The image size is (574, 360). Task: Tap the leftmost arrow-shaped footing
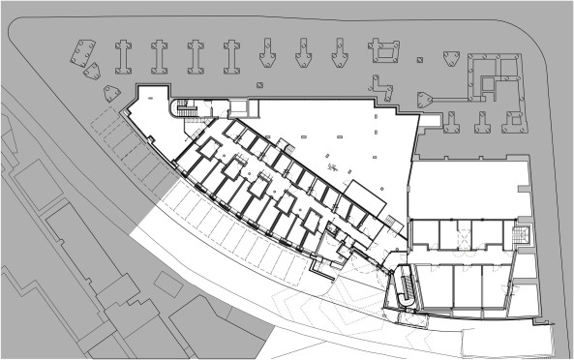268,55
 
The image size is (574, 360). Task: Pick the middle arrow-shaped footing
304,55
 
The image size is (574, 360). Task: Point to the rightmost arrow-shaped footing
339,55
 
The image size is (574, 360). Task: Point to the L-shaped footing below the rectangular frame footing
386,90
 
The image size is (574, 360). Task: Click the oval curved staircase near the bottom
408,285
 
